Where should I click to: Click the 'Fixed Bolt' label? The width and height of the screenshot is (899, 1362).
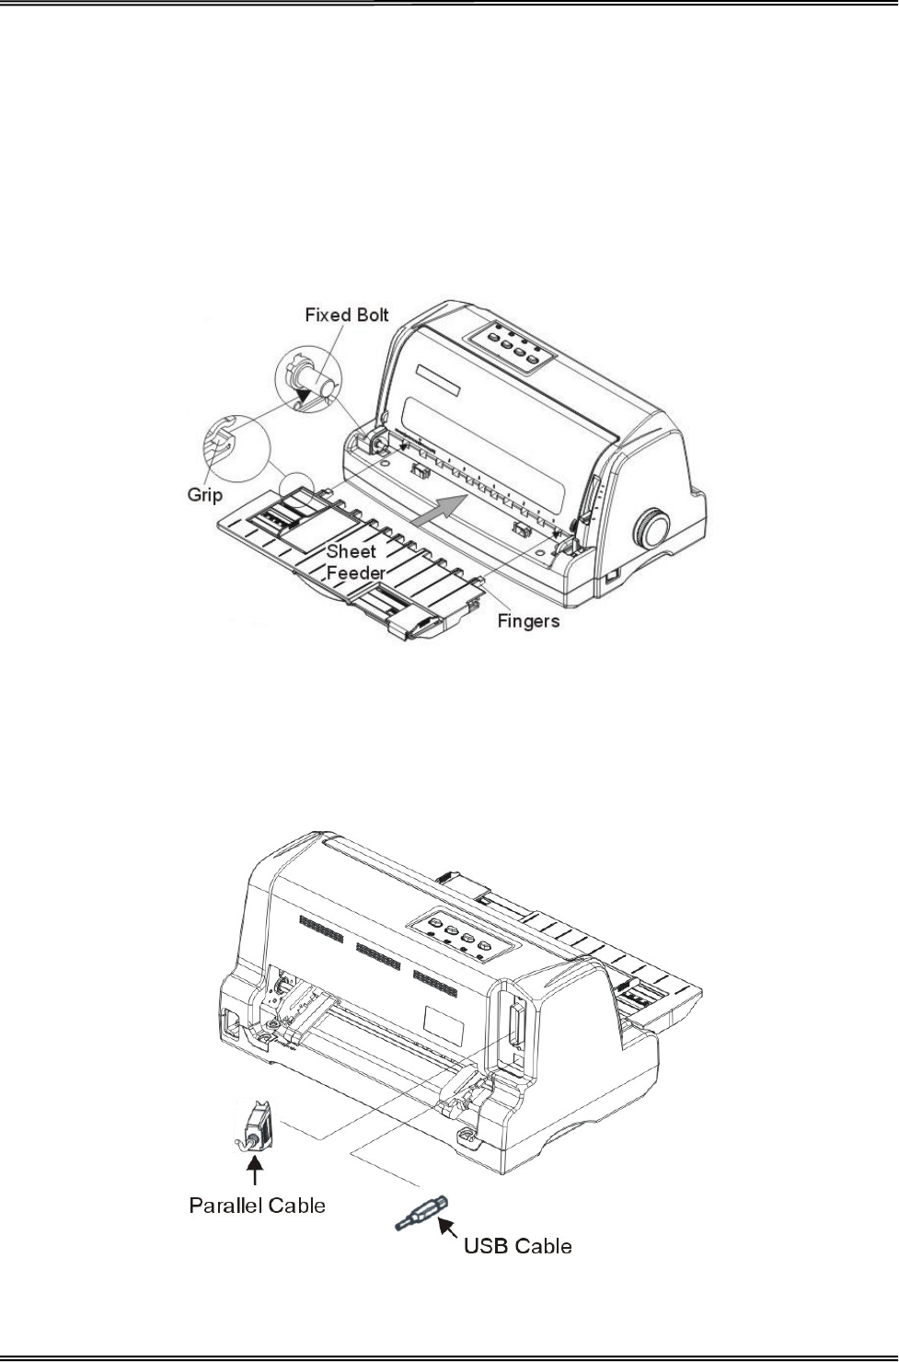pos(347,315)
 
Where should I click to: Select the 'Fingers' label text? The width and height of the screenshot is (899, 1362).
pos(528,621)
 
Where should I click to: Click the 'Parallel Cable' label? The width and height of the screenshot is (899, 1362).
pos(257,1204)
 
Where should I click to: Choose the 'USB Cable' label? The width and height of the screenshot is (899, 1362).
pos(518,1246)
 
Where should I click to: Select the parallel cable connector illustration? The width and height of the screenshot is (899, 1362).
pos(256,1125)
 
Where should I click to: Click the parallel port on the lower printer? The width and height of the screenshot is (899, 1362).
pos(513,1025)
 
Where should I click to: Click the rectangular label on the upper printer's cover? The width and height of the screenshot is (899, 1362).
pos(436,380)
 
